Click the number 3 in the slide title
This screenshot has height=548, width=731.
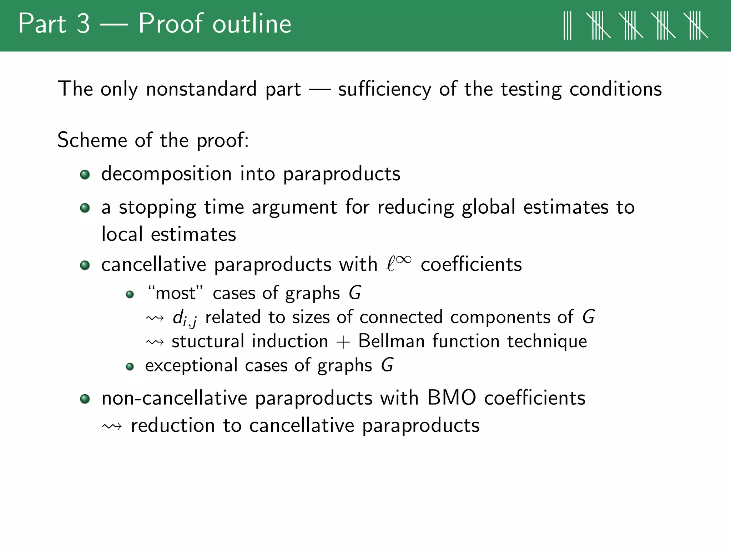[x=83, y=24]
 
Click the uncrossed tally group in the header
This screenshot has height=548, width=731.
[x=567, y=25]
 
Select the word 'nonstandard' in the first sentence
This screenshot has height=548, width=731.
[x=201, y=89]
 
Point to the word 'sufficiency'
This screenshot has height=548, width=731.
[x=384, y=90]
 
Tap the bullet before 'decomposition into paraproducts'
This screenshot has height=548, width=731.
[x=85, y=174]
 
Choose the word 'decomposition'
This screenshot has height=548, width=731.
[x=166, y=174]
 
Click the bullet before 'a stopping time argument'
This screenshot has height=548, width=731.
[x=85, y=208]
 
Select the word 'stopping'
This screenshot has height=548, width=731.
[x=157, y=208]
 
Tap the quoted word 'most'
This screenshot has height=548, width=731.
[x=175, y=293]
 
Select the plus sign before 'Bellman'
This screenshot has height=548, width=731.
[x=343, y=342]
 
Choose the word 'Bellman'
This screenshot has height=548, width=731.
[x=391, y=341]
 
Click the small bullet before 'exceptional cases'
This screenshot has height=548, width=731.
[x=130, y=366]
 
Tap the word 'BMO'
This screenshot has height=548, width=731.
[x=452, y=398]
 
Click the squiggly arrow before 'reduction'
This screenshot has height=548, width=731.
[x=112, y=426]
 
